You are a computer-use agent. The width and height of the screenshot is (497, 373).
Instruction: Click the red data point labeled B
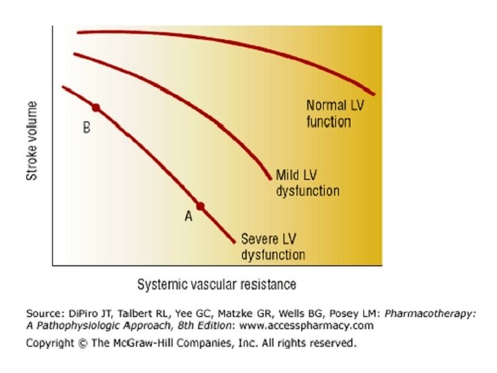(96, 108)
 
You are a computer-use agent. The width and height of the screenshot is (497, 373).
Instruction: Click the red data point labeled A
(200, 206)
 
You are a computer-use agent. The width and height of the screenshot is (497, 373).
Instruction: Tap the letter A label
(188, 218)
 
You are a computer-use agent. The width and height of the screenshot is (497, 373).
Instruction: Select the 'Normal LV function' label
(329, 114)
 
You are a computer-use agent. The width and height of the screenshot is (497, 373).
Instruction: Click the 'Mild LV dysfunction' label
(308, 182)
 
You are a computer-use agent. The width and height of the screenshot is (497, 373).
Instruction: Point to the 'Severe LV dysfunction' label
(273, 247)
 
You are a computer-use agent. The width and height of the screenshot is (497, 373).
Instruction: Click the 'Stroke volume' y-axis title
(32, 140)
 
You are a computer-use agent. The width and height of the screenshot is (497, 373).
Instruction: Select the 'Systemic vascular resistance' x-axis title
(217, 285)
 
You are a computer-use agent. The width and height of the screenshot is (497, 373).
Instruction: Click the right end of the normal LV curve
(373, 94)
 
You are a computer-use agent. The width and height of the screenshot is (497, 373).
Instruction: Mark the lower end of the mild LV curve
(269, 178)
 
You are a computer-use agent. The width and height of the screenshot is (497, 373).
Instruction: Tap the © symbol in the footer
(83, 342)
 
